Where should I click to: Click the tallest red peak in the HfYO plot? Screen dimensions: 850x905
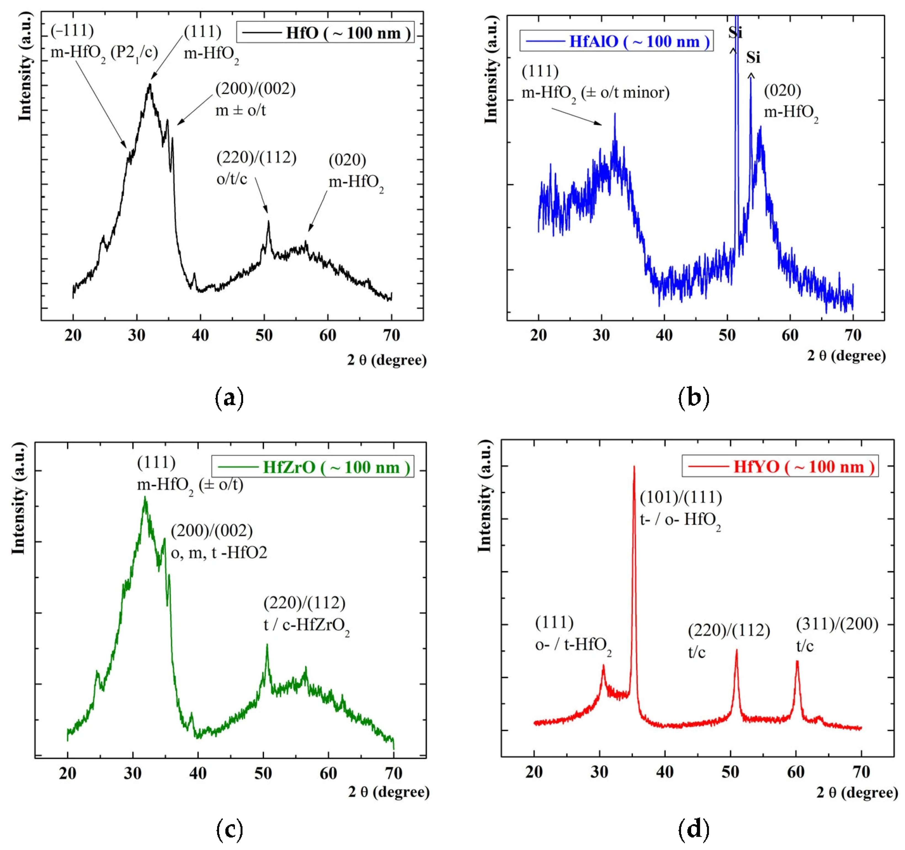634,469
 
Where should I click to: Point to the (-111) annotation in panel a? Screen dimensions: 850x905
72,31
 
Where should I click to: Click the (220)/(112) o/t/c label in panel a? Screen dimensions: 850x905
256,168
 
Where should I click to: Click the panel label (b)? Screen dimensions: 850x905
694,397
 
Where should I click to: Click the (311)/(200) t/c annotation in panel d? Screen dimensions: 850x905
837,635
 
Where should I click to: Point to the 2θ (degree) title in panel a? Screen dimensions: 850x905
387,360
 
